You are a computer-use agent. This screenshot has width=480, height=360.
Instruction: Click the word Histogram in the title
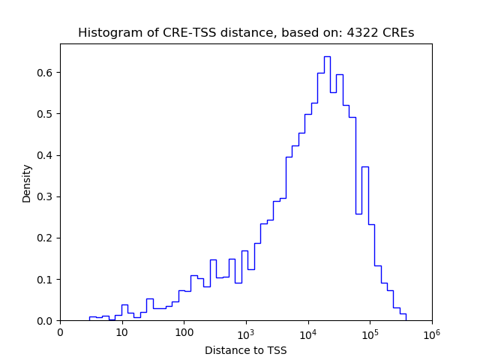point(104,33)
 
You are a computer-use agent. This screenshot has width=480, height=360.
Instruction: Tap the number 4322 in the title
point(359,33)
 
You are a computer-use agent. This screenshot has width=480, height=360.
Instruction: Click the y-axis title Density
point(27,183)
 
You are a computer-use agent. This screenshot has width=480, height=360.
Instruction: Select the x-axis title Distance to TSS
point(246,350)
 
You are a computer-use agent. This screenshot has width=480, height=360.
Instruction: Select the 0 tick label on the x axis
point(60,331)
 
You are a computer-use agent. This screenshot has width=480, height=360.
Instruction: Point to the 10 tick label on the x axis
point(121,331)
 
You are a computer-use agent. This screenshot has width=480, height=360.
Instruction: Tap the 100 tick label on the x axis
point(184,331)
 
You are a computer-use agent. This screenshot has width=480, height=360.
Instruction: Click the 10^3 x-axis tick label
point(246,331)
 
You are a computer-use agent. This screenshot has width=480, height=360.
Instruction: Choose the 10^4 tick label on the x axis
point(308,331)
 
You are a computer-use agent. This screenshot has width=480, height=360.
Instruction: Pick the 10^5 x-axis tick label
point(370,331)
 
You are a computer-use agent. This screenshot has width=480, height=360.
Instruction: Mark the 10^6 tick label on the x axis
point(431,331)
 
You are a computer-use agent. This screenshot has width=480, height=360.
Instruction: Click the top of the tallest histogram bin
point(327,56)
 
